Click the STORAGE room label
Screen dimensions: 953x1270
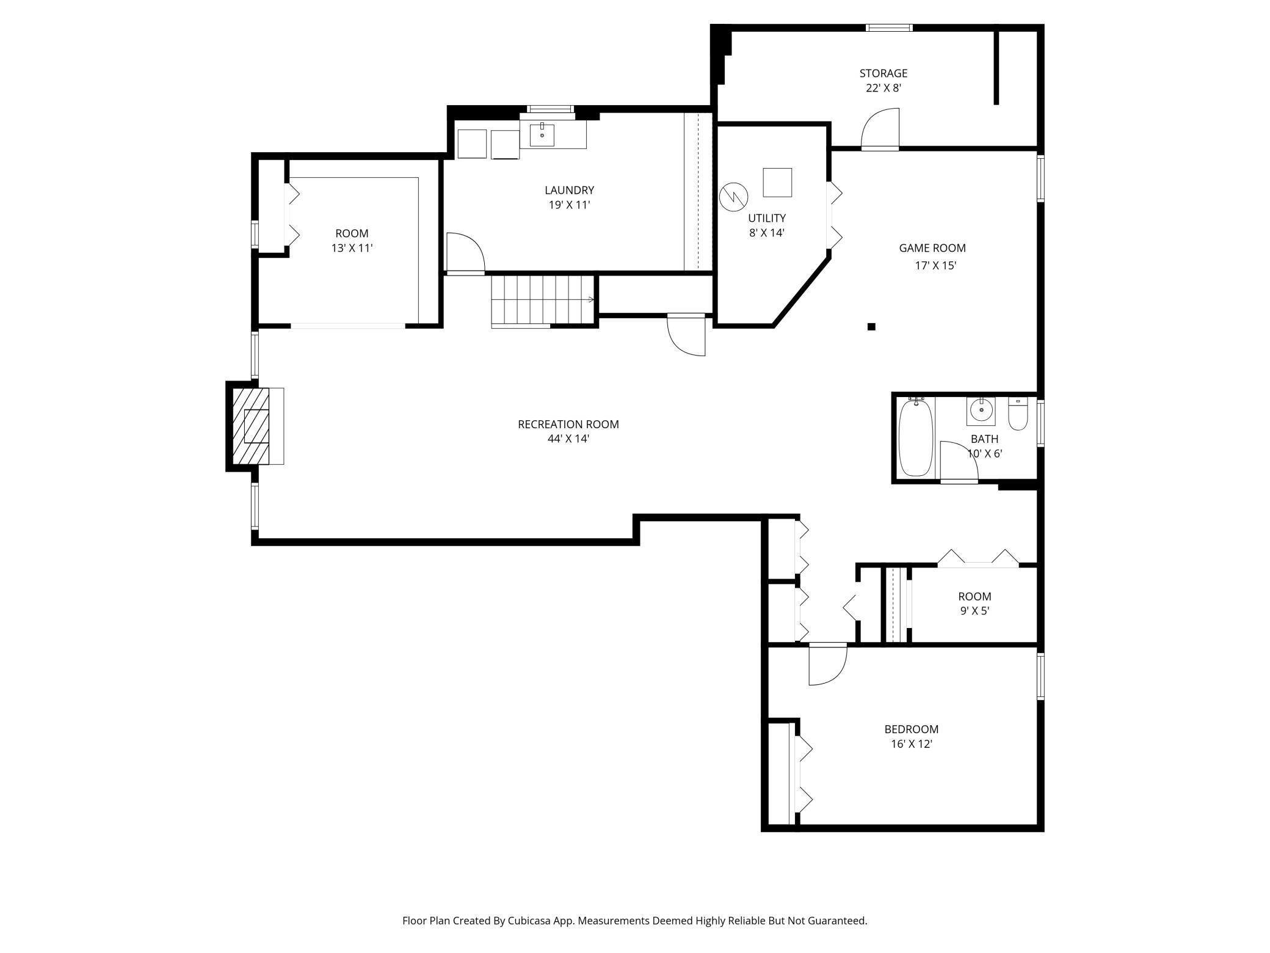pos(883,73)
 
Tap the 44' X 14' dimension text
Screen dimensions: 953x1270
pos(568,439)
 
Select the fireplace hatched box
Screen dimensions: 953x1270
pos(251,426)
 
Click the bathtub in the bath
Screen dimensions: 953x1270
pos(916,436)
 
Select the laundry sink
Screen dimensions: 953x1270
pos(542,135)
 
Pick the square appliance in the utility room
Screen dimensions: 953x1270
pos(777,182)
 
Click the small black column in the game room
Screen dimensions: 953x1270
pos(871,327)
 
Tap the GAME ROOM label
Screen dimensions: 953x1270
pos(932,248)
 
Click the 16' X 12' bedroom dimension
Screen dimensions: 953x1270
pos(911,744)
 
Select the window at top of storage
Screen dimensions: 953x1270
pos(890,27)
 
